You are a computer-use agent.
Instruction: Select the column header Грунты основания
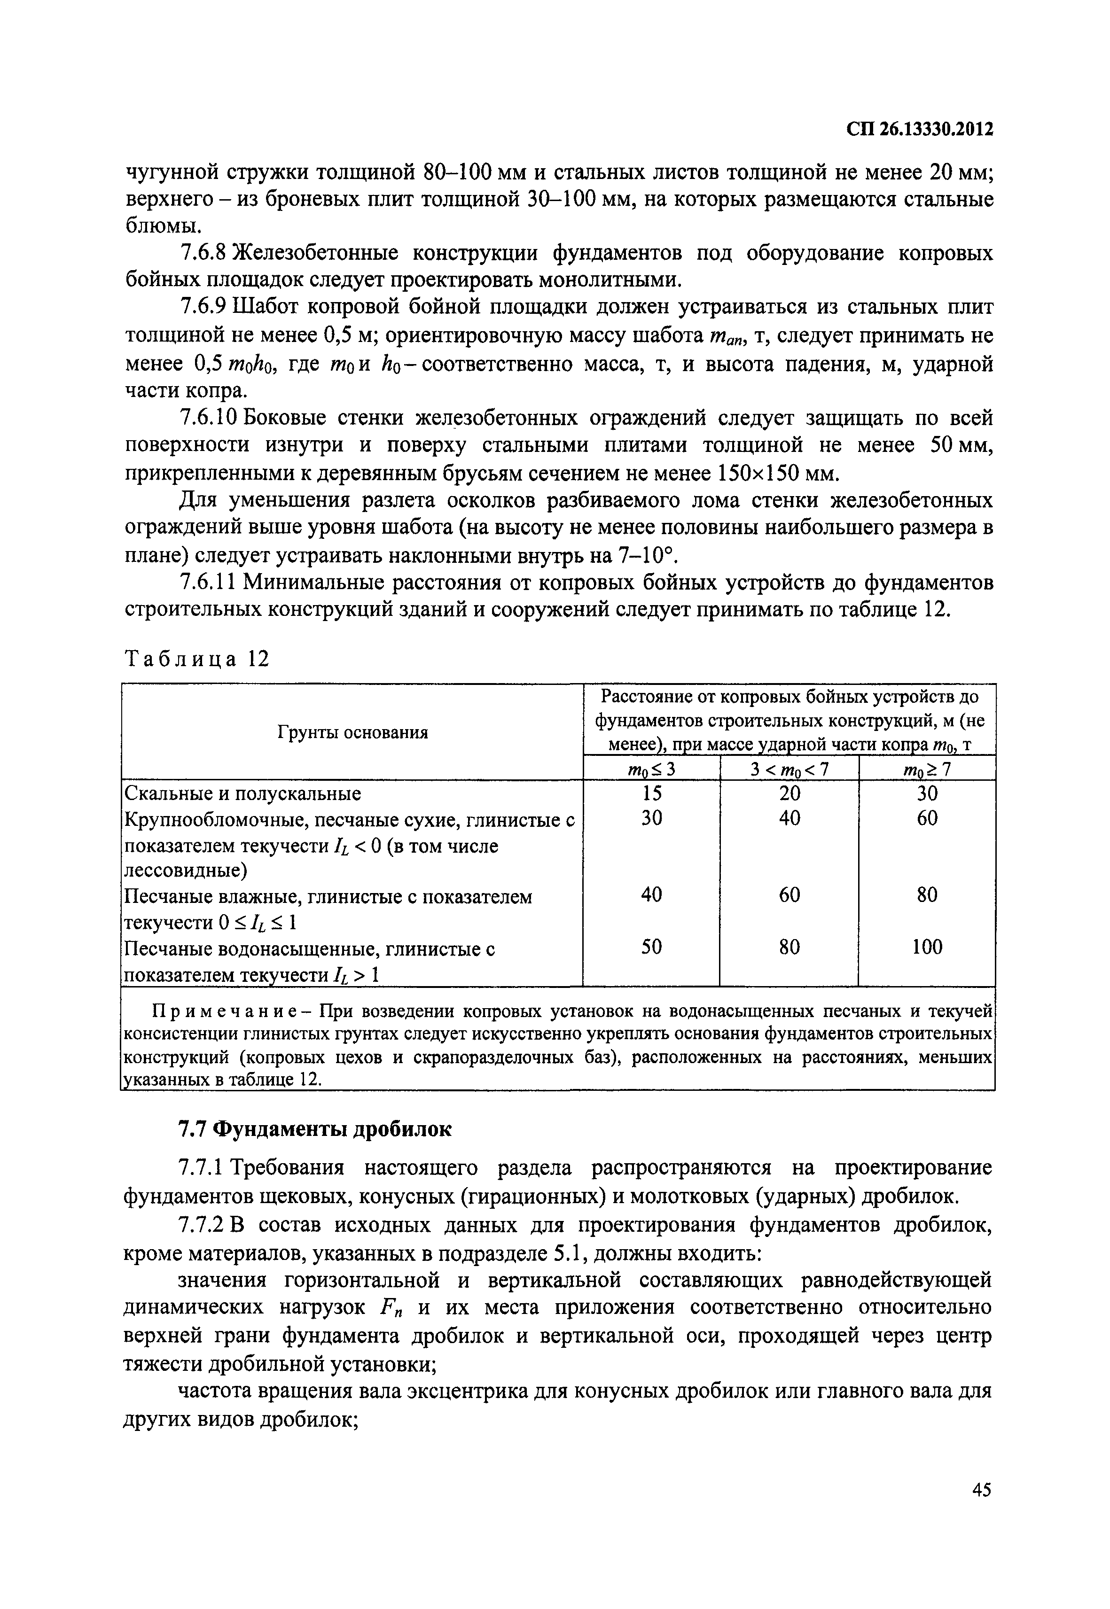pyautogui.click(x=352, y=732)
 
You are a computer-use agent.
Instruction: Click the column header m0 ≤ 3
pyautogui.click(x=651, y=769)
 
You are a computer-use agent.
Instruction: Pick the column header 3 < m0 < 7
pyautogui.click(x=790, y=769)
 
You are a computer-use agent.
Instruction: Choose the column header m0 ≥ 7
pyautogui.click(x=927, y=769)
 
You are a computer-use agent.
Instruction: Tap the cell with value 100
pyautogui.click(x=927, y=946)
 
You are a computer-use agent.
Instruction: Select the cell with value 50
pyautogui.click(x=651, y=946)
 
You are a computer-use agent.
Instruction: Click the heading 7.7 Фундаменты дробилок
pyautogui.click(x=314, y=1130)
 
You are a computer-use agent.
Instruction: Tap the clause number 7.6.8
pyautogui.click(x=203, y=253)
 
